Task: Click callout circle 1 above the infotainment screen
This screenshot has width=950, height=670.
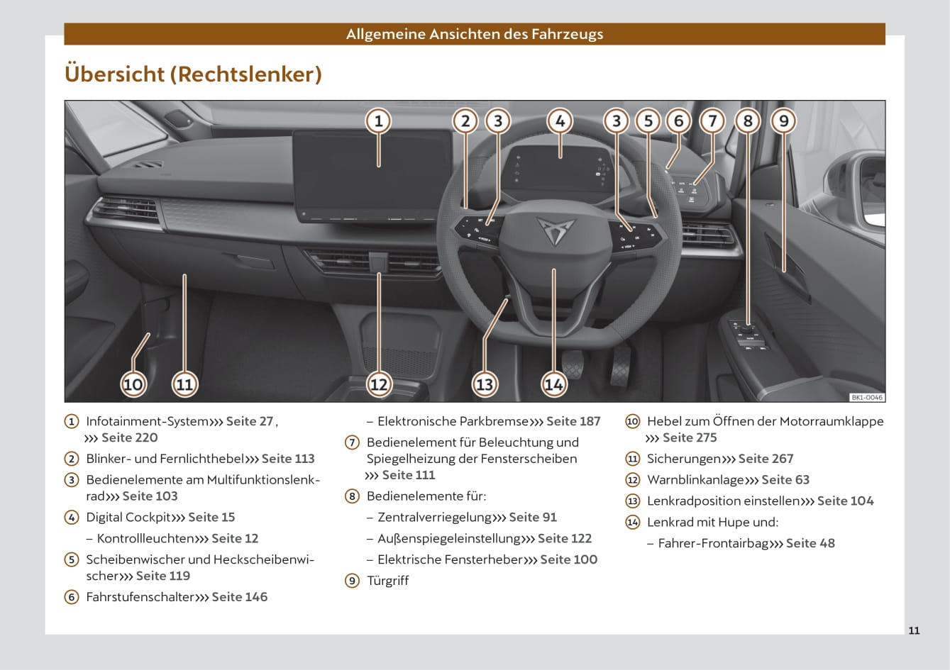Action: pos(378,121)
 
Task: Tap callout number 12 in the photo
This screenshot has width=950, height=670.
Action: pos(379,384)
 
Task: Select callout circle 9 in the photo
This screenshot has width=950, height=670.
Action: pos(783,121)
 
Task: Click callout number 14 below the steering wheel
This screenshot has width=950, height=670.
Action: pos(553,384)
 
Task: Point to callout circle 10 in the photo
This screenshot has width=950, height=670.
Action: pos(133,384)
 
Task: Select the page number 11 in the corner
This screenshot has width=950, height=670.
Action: pos(914,630)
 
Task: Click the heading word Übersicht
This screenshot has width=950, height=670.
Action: pos(114,74)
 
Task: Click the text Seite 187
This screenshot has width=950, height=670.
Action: pos(573,421)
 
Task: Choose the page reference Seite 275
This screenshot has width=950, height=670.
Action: pos(690,437)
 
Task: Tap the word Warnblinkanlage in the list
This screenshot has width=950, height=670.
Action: pos(695,480)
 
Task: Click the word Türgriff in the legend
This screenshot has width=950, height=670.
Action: pos(387,581)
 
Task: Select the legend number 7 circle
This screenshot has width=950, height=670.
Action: pos(352,442)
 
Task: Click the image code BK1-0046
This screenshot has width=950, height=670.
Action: pos(867,398)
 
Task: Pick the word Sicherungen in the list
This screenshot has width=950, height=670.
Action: pos(683,459)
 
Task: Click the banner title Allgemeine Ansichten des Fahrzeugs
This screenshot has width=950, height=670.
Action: pos(475,34)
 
